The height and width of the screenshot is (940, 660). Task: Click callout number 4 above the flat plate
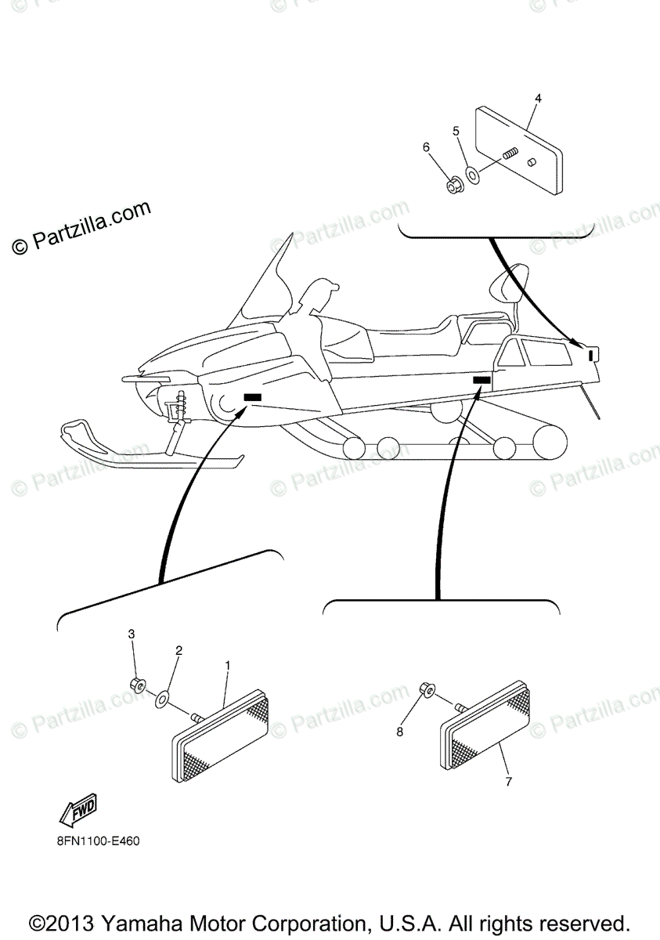pos(538,98)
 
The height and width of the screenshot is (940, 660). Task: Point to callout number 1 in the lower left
pos(228,665)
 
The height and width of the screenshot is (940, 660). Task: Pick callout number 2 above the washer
pos(179,650)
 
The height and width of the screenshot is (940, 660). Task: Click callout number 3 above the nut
pos(132,633)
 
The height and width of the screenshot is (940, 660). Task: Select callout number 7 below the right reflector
pos(509,781)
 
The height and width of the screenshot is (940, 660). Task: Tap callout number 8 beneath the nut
pos(399,732)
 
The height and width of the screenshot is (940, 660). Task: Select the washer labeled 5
pos(474,173)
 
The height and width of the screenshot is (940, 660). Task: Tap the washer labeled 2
pos(163,697)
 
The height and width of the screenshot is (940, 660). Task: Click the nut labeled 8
pos(427,690)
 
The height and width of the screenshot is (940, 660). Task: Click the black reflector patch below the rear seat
pos(481,380)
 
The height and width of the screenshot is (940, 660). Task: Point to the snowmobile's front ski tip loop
pos(76,431)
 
